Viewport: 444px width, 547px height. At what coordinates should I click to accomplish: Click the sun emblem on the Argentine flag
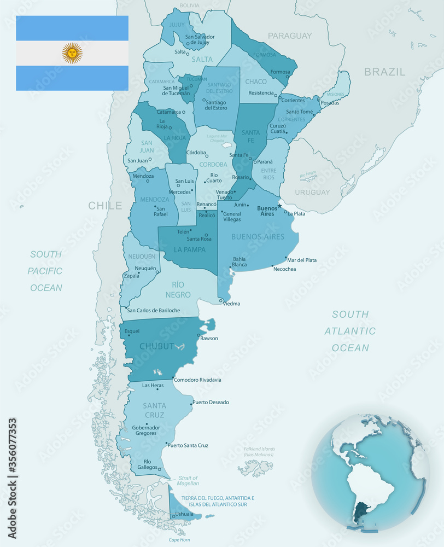pos(72,53)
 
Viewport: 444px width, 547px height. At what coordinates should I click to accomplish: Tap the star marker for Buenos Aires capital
pos(279,206)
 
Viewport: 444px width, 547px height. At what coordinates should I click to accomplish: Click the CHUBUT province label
pos(156,346)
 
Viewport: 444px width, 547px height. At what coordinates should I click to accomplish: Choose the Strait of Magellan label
pos(188,480)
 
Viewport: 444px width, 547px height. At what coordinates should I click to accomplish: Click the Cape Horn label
pos(179,539)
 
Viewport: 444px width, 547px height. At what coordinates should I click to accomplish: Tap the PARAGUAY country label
pos(289,36)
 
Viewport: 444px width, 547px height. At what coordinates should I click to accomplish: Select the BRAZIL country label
pos(384,72)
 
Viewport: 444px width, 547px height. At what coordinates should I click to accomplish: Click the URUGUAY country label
pos(312,192)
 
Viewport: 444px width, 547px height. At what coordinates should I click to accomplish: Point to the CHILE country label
pos(105,206)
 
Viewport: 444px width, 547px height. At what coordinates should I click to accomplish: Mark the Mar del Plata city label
pos(302,260)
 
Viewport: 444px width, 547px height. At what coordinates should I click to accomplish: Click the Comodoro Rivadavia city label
pos(197,380)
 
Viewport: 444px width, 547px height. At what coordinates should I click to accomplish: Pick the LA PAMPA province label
pos(190,250)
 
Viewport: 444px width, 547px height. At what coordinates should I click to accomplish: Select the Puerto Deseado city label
pos(211,402)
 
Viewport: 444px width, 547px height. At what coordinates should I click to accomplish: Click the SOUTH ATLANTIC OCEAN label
pos(350,330)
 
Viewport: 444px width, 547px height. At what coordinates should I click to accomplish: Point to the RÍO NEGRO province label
pos(181,289)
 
